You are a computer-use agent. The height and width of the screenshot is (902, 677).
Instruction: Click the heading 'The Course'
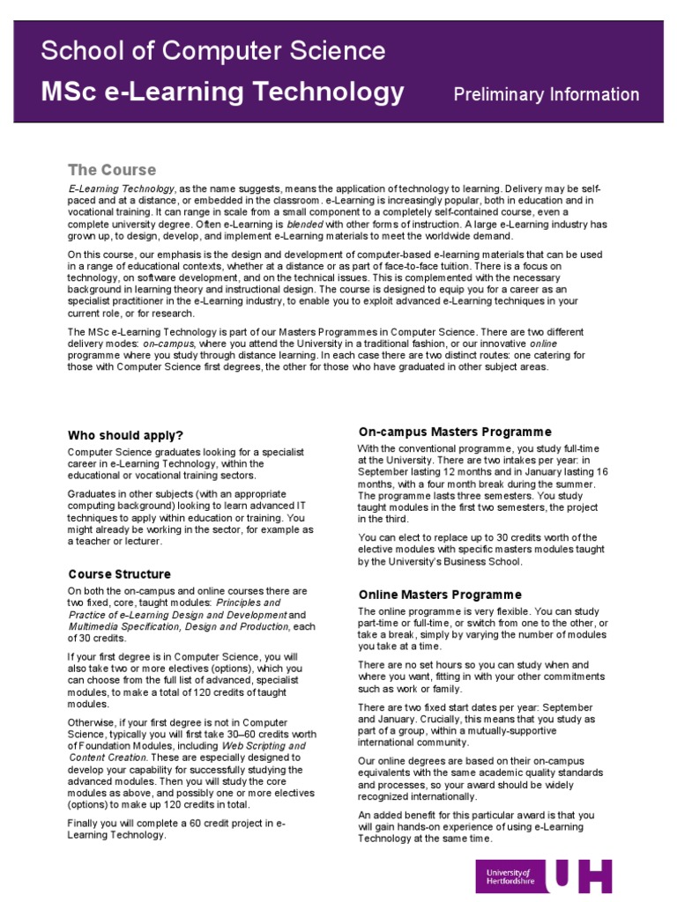pos(112,170)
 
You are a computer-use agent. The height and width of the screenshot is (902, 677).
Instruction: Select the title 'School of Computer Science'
pos(212,50)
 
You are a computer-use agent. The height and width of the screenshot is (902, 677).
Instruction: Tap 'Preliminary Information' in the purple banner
pos(546,94)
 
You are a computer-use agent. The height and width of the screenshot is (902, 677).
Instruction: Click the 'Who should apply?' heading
pos(126,435)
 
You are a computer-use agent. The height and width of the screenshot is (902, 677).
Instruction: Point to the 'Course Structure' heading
pos(119,574)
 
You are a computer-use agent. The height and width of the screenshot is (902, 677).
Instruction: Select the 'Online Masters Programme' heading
pos(440,595)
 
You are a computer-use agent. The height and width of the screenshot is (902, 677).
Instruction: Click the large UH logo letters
pos(579,877)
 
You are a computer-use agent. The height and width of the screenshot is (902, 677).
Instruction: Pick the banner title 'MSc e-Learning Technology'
pos(223,91)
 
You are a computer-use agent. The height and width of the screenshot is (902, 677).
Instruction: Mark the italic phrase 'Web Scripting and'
pos(263,745)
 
